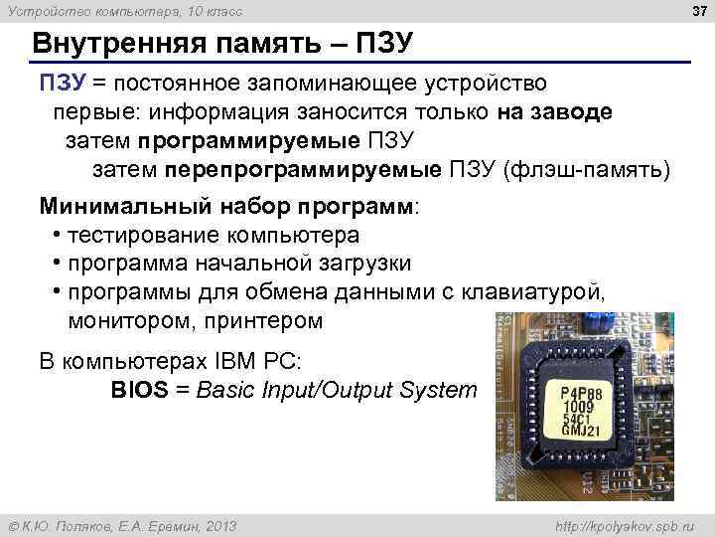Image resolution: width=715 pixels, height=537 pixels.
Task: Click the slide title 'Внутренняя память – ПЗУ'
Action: (x=220, y=46)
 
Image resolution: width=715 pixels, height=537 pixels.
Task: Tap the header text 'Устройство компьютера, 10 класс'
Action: (x=123, y=11)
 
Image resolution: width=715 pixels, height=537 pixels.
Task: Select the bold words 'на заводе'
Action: (x=555, y=111)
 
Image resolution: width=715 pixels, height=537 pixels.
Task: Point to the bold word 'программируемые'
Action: (x=249, y=140)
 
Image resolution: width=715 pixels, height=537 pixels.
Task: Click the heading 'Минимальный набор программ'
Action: (x=228, y=207)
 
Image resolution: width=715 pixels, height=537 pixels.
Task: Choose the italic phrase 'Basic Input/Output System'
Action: (x=337, y=389)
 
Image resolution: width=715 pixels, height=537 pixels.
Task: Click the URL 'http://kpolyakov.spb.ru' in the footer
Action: (x=626, y=525)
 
